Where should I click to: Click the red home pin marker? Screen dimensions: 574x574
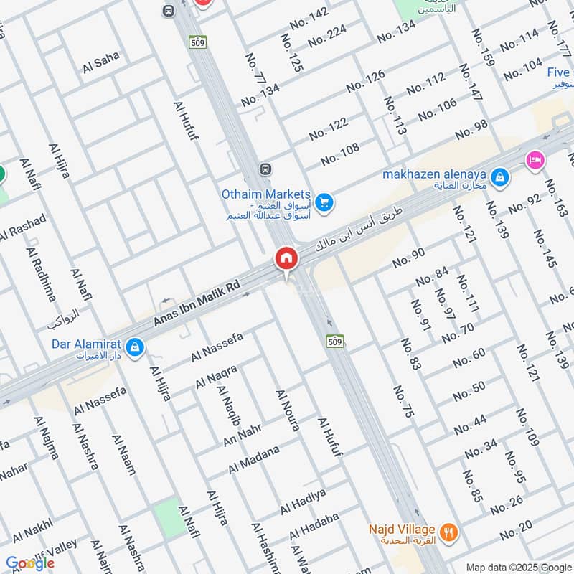tap(286, 258)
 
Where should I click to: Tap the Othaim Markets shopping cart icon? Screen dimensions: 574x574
tap(324, 203)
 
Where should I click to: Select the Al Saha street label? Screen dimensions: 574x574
tap(101, 63)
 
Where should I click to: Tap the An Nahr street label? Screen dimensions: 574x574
tap(243, 433)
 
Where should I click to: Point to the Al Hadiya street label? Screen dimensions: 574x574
tap(304, 501)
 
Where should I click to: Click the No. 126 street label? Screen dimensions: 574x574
tap(366, 81)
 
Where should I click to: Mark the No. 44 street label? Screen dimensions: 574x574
tap(471, 424)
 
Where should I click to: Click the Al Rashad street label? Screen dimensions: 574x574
tap(23, 228)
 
